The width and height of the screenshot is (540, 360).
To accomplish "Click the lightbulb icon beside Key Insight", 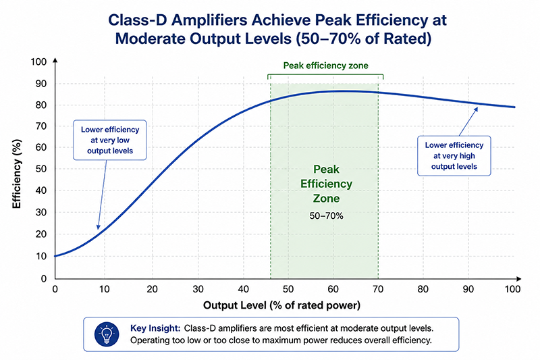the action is (107, 334).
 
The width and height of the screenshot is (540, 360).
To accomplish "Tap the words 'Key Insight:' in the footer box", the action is (155, 328).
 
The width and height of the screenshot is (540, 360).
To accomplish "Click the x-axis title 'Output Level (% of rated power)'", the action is (281, 305).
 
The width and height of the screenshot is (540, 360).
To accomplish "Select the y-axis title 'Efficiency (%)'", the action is (16, 174).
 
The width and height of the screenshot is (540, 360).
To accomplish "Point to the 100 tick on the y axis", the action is (38, 62).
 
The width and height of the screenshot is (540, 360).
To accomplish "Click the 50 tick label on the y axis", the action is (41, 169).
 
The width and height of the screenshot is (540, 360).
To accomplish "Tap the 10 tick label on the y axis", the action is (41, 256).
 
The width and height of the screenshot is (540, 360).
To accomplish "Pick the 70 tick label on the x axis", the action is (378, 289).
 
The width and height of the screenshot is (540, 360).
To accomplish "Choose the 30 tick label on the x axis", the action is (198, 289).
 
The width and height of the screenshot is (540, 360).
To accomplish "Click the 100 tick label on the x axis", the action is (513, 289).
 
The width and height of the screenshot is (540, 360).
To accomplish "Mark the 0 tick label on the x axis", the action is (55, 289).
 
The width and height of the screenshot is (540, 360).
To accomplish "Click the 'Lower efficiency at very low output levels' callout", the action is (110, 140).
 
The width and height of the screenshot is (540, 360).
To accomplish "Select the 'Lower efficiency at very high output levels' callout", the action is (454, 156).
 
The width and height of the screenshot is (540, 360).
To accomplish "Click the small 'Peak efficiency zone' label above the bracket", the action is (325, 66).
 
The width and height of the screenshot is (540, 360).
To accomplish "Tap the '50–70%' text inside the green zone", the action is (326, 216).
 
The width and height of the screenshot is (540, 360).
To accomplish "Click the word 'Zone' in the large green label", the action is (326, 199).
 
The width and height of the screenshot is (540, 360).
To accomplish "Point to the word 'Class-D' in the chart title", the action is (138, 20).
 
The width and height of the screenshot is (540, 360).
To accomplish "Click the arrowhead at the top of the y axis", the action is (55, 60).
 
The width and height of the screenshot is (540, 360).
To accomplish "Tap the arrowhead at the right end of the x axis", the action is (518, 278).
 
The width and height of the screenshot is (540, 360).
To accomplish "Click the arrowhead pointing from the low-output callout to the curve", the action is (98, 227).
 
